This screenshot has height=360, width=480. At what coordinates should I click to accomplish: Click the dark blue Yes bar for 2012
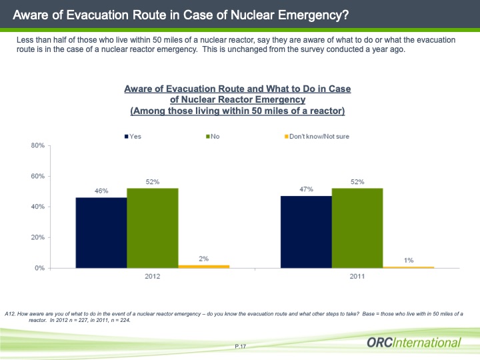point(101,233)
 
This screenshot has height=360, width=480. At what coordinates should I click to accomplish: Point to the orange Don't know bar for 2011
point(408,267)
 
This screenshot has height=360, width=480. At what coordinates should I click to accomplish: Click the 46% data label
point(101,191)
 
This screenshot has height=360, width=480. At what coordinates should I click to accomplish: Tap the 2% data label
point(203,258)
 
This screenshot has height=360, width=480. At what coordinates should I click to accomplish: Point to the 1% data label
point(408,259)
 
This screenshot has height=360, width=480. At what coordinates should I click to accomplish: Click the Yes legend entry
point(133,137)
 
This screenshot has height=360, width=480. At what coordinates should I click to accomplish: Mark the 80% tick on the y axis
point(37,145)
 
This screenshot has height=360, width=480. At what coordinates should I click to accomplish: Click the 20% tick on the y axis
point(37,237)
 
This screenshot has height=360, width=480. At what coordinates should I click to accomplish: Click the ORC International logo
point(413,343)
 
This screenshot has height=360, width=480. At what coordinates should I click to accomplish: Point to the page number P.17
point(241,346)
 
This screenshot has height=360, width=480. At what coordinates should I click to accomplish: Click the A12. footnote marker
point(9,313)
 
